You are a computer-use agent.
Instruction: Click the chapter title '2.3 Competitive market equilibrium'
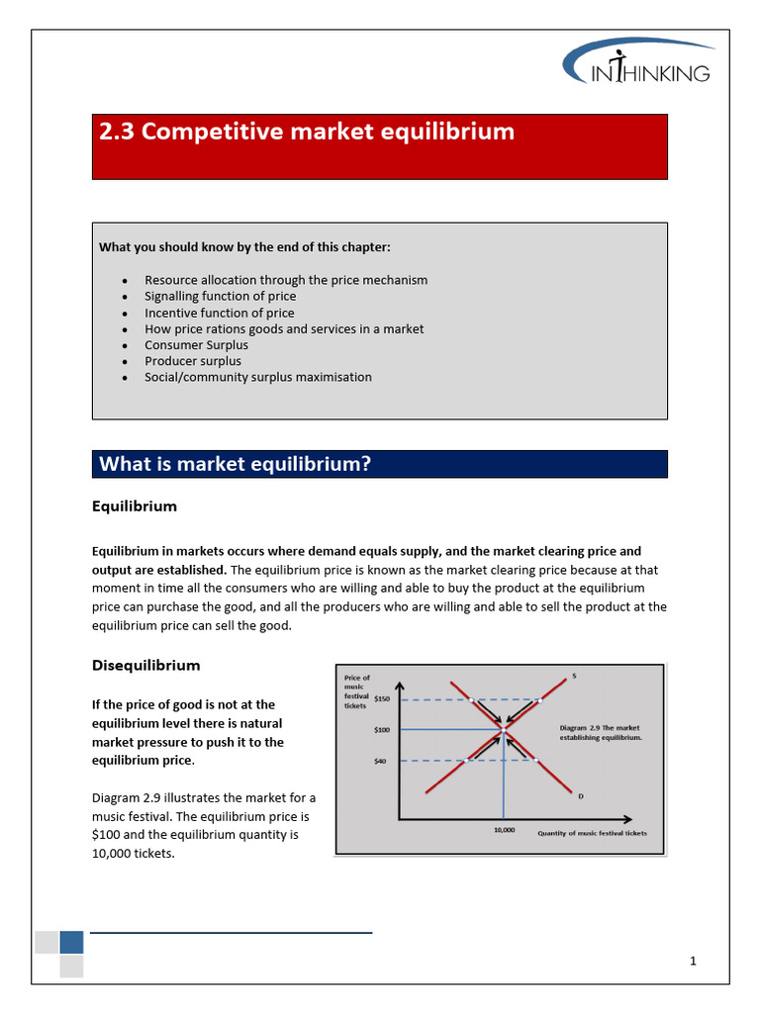point(307,132)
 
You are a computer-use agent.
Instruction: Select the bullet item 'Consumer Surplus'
point(196,345)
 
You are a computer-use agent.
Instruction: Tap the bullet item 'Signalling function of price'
point(220,296)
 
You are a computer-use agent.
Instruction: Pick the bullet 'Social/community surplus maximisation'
point(258,377)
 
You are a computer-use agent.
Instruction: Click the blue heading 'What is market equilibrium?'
point(235,464)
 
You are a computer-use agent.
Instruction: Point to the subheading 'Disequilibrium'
point(145,665)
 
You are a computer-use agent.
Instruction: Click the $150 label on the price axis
point(382,698)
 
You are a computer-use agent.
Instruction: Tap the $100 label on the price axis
point(382,729)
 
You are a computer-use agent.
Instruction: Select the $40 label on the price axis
point(380,762)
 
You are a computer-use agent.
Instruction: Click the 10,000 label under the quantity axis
point(504,830)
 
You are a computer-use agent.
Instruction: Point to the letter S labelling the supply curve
point(575,677)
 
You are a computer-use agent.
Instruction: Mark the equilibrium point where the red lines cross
point(505,729)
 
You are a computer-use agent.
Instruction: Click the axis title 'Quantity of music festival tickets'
point(592,833)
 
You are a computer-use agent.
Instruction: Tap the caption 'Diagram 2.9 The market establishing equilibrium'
point(601,732)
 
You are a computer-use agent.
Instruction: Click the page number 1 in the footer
point(694,961)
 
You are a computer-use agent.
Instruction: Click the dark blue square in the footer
point(71,941)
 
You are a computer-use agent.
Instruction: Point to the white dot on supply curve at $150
point(538,699)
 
